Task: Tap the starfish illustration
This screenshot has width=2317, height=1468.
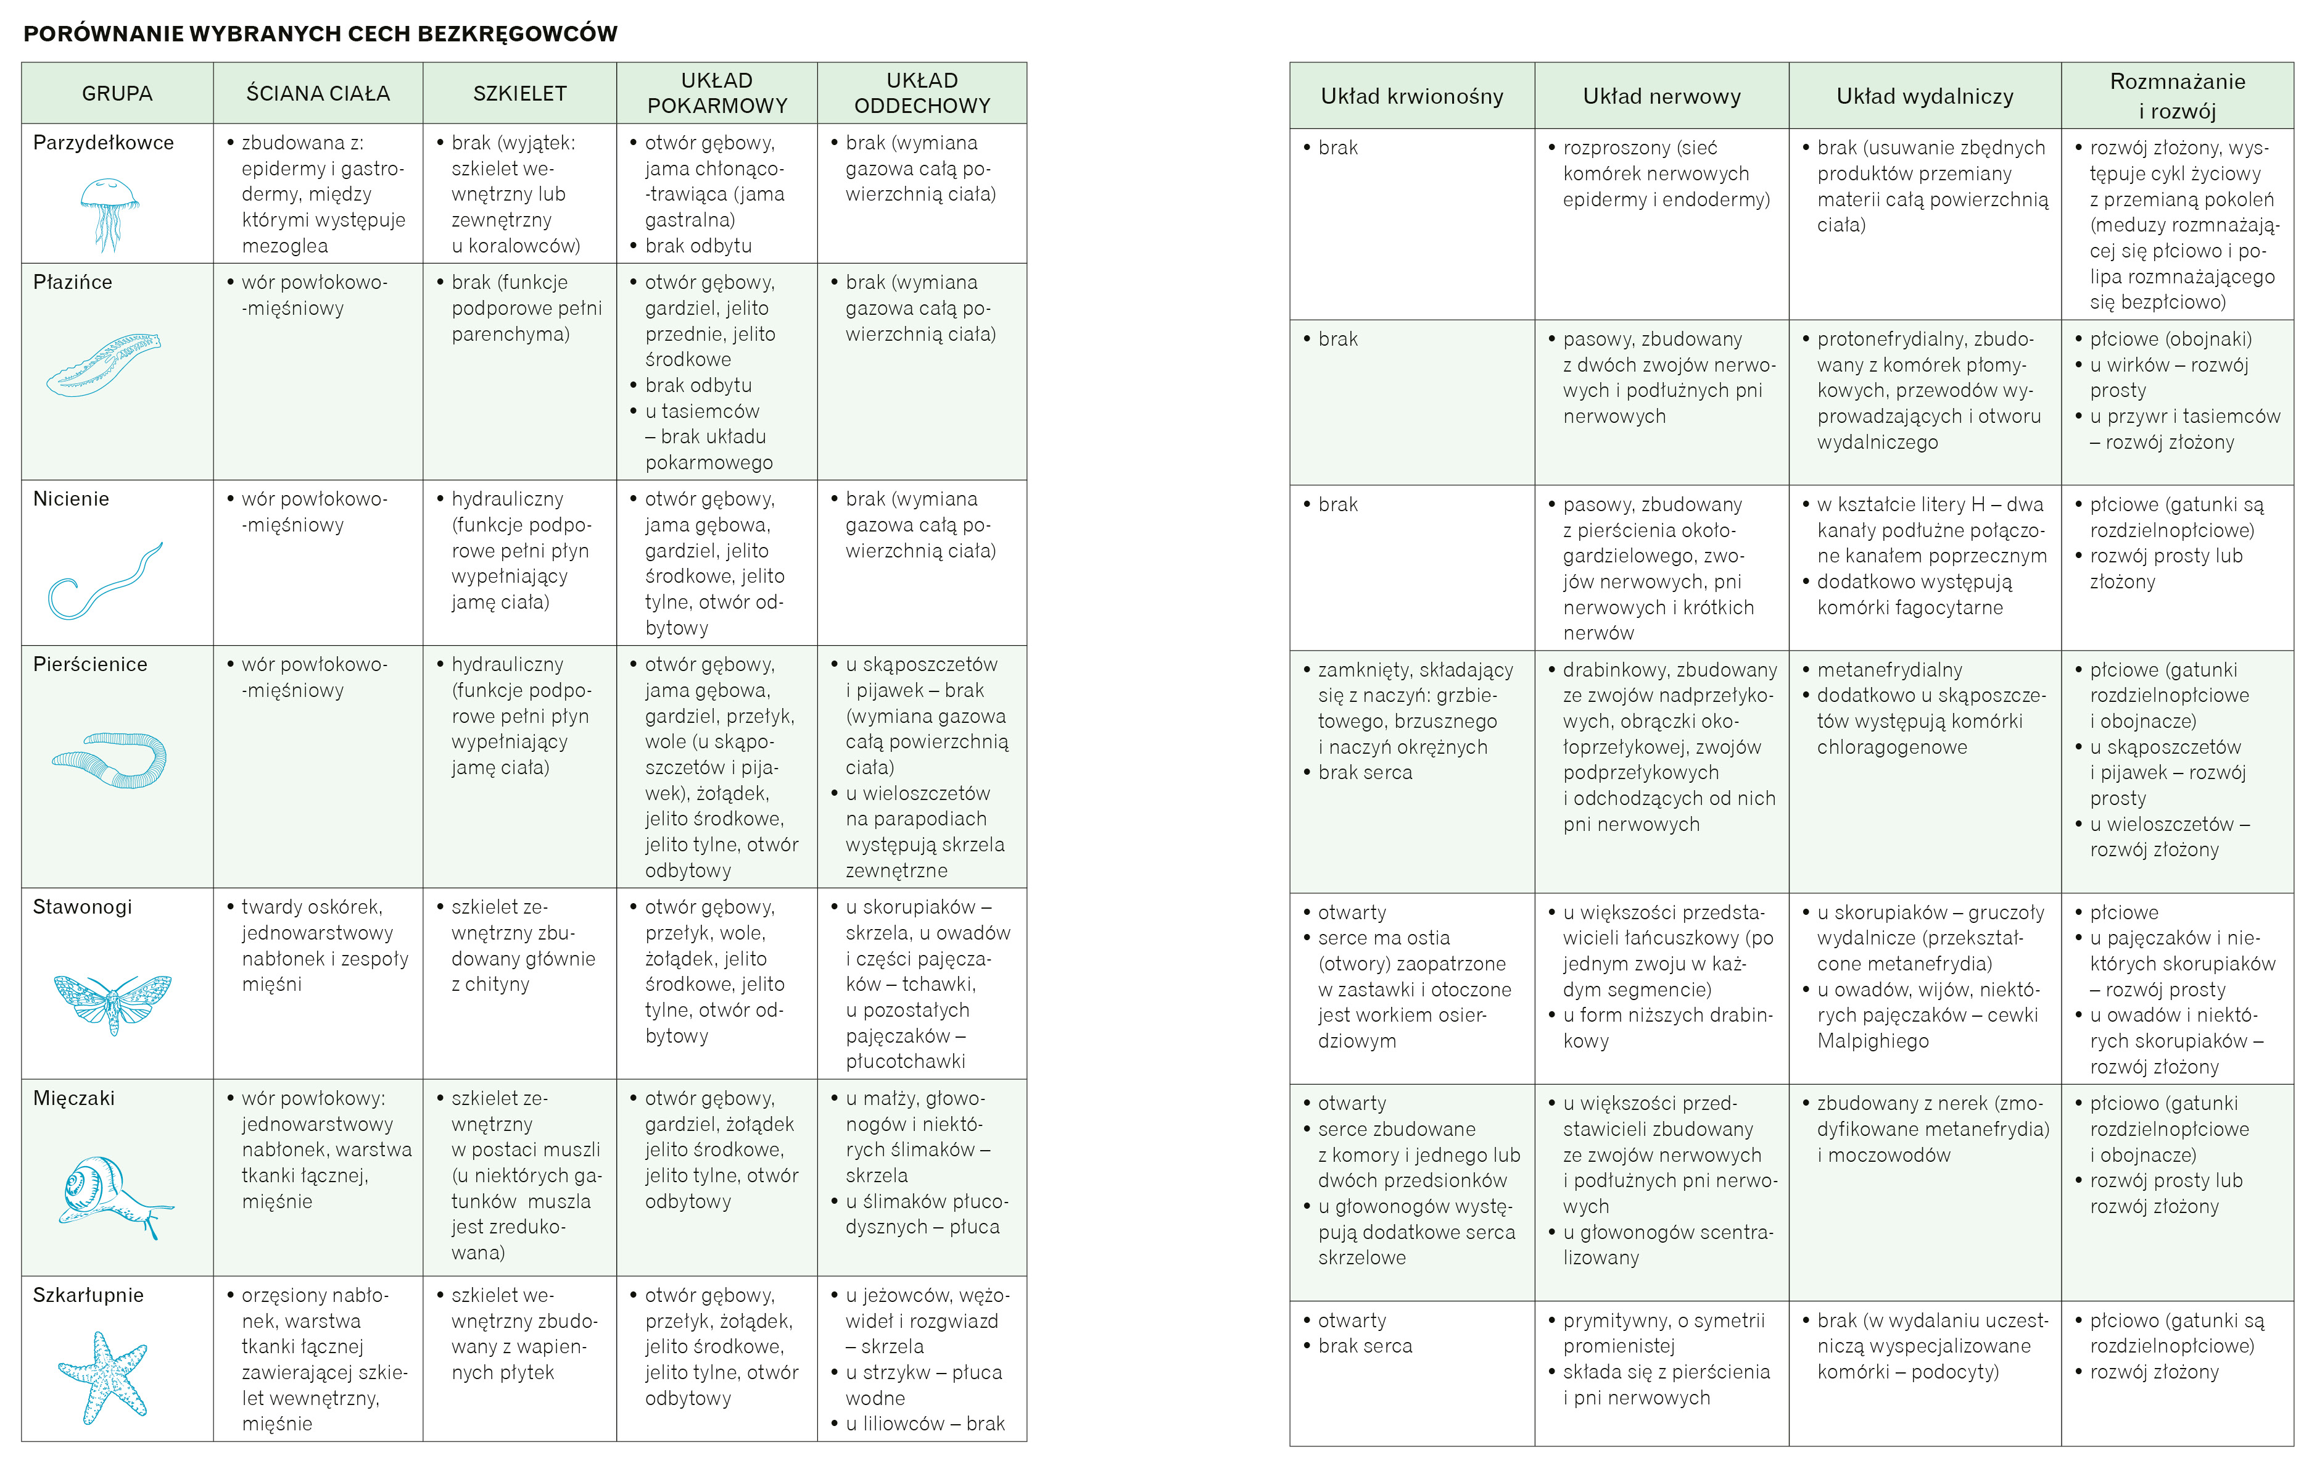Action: (104, 1377)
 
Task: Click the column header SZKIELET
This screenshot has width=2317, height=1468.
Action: (519, 93)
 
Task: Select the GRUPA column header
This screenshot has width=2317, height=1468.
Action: (117, 93)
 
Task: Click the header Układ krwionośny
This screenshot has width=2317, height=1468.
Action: (1411, 96)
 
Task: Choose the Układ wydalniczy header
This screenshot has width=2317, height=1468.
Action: (1925, 96)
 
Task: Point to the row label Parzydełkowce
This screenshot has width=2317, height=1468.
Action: (103, 143)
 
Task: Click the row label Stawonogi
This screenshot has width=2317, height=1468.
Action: (82, 907)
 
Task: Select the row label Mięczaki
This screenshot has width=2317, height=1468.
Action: (73, 1098)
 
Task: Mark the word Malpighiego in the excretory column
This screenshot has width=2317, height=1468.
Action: (1872, 1041)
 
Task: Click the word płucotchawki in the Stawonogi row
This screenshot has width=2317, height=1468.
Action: (906, 1061)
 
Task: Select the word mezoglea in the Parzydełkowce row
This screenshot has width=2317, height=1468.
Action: (285, 246)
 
